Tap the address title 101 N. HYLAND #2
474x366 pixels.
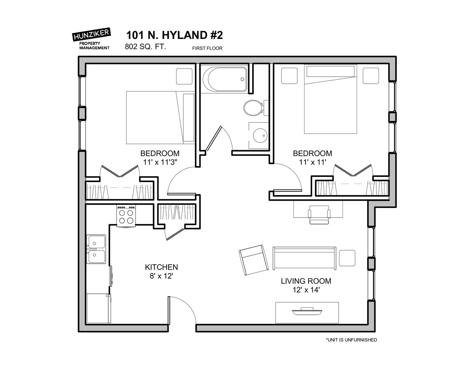175,35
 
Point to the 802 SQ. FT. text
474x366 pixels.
145,47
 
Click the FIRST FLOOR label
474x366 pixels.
207,48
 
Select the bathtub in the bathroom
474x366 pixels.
225,79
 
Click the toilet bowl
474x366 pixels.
253,108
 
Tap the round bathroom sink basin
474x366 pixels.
260,136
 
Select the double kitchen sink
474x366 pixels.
96,249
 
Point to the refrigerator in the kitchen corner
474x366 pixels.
99,308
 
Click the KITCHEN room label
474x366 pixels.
161,267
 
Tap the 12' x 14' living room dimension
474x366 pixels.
306,290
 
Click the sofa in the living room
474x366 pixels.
304,258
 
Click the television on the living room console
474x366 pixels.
307,311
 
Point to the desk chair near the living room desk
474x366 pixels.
319,215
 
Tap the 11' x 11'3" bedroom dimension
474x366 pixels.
160,162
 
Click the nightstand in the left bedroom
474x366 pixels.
184,76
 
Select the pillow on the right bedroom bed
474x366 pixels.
331,71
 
